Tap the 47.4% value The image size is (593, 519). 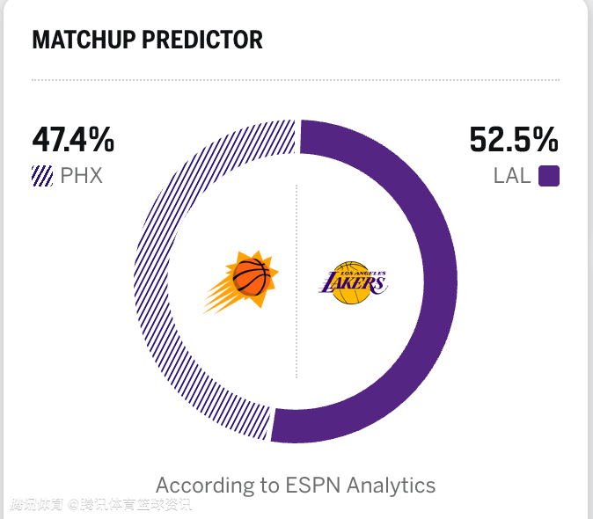(73, 140)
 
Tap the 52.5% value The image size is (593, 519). (514, 140)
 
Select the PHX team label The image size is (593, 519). (82, 176)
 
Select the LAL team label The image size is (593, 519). (512, 176)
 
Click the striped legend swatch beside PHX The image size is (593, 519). (42, 176)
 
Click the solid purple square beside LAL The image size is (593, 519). (549, 176)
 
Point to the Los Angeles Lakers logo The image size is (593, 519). (352, 282)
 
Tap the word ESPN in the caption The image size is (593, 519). (312, 485)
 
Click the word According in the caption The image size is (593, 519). (201, 485)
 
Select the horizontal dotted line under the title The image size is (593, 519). (296, 80)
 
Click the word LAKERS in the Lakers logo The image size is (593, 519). (352, 284)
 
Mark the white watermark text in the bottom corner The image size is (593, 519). (100, 505)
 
